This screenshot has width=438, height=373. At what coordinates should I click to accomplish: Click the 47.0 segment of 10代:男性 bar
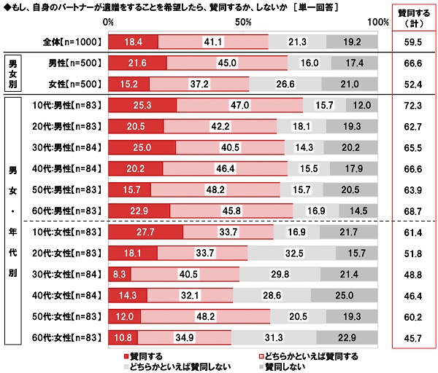239,106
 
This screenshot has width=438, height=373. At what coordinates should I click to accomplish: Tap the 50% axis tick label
243,23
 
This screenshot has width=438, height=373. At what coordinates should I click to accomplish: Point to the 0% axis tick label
109,23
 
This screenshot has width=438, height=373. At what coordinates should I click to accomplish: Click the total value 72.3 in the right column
414,106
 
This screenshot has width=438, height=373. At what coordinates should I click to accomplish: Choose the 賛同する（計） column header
414,18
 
